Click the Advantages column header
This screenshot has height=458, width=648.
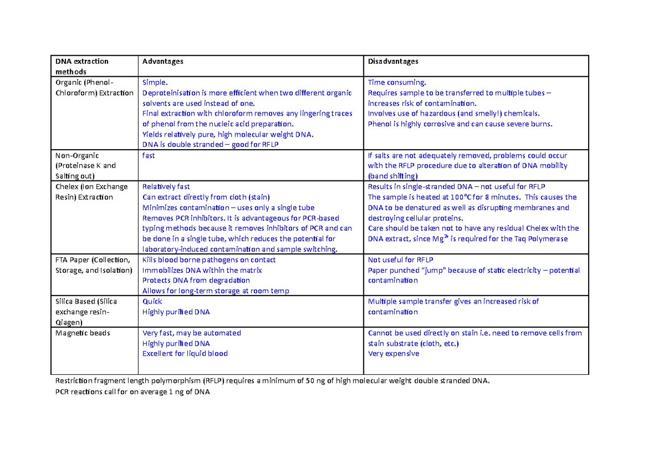click(163, 62)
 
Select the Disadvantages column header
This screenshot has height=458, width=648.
click(393, 62)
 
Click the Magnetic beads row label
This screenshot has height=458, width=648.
click(83, 333)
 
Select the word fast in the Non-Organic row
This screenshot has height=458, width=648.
click(148, 156)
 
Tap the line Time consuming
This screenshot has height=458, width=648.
click(397, 83)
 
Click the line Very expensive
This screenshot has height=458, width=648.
click(393, 354)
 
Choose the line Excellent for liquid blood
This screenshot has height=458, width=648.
click(185, 354)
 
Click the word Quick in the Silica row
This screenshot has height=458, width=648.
click(152, 301)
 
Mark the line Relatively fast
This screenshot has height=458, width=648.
click(166, 187)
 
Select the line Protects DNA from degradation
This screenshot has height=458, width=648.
click(196, 280)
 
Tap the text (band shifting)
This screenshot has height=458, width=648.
click(393, 176)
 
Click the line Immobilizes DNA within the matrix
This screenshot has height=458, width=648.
click(202, 270)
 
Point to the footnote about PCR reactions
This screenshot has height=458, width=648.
click(132, 393)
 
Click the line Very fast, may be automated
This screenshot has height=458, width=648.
click(191, 333)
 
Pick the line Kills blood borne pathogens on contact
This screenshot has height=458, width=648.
click(209, 260)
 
